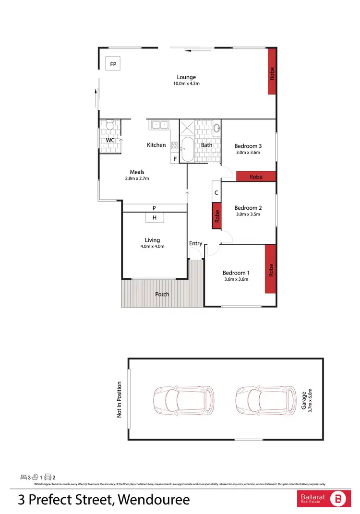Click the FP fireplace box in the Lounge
(x=113, y=64)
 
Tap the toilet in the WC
(x=110, y=126)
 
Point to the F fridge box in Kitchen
(x=175, y=158)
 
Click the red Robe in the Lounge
(x=272, y=72)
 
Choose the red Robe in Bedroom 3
(x=256, y=177)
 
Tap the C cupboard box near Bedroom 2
(x=216, y=192)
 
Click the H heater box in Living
(x=155, y=217)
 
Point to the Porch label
(x=162, y=294)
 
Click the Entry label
(x=196, y=243)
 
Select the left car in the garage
(x=183, y=399)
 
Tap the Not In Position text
(x=120, y=399)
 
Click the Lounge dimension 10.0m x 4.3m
(x=186, y=84)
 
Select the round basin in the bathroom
(x=216, y=128)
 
